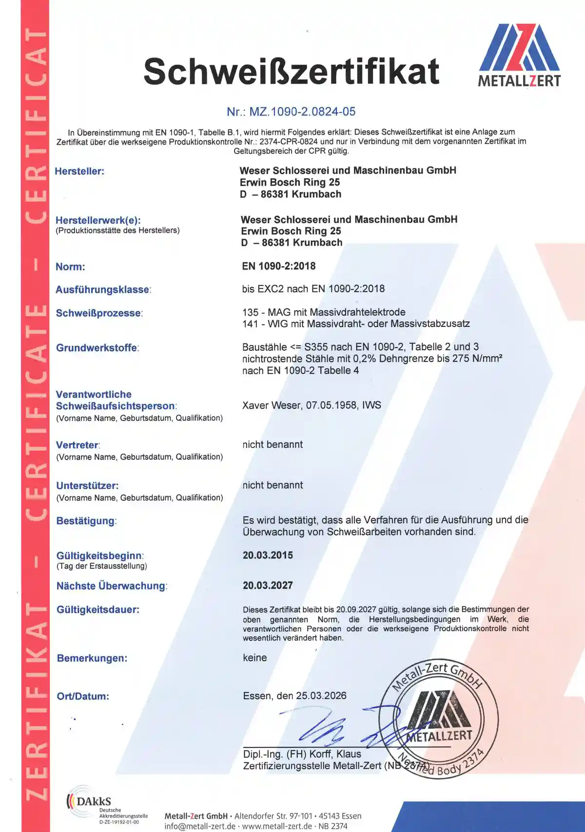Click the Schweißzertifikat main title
pos(291,72)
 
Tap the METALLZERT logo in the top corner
pos(519,55)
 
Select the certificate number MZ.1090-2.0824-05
pos(291,112)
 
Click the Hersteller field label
pos(79,171)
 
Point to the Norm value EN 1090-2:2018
pos(279,266)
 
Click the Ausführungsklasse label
pos(103,289)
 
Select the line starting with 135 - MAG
pos(324,312)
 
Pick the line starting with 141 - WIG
pos(356,323)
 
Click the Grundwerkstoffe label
pos(97,348)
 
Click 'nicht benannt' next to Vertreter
pos(273,444)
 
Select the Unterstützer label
pos(87,486)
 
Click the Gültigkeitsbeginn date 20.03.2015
pos(268,555)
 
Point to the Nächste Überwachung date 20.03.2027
pos(268,586)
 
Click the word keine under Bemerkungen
pos(255,658)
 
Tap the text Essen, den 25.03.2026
pos(294,696)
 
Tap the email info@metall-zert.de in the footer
pos(200,826)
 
